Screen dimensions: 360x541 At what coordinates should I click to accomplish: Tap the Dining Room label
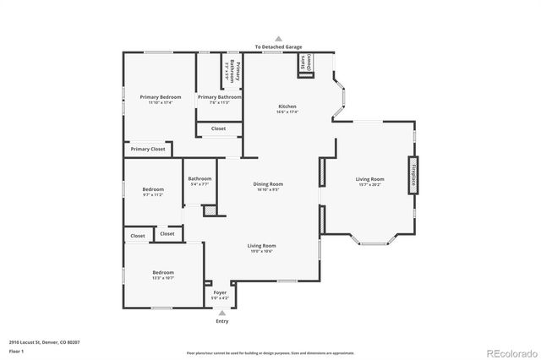(268, 185)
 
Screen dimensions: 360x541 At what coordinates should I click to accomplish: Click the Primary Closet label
(147, 149)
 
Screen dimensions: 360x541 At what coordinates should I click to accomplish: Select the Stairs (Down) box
(301, 66)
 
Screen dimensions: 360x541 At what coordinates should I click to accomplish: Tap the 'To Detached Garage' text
(278, 47)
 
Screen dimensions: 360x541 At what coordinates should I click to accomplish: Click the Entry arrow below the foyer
(222, 313)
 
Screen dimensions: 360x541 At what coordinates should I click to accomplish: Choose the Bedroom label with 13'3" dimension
(163, 274)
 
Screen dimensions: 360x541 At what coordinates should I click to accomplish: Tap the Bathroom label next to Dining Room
(199, 180)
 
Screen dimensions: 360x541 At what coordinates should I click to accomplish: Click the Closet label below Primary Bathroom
(218, 128)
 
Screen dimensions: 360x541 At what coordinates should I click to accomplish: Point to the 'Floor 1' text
(16, 350)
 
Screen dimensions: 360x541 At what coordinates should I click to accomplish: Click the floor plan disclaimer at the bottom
(270, 352)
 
